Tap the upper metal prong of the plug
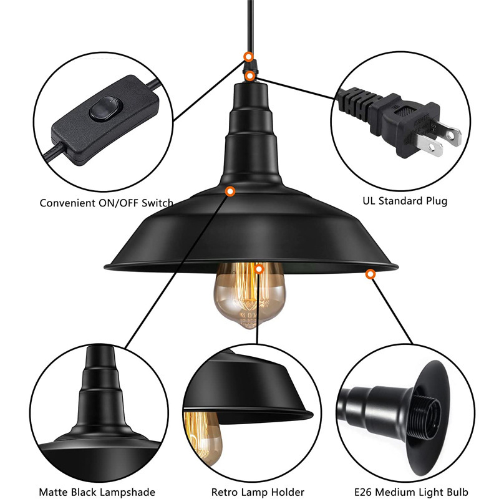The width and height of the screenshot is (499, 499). tap(450, 133)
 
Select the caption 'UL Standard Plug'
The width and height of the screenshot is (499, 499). tap(405, 201)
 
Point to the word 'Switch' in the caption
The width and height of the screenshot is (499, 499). tap(157, 203)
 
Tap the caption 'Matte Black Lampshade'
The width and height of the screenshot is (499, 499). tap(97, 492)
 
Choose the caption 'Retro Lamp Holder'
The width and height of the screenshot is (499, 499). tap(258, 492)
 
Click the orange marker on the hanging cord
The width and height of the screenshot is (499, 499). tap(248, 57)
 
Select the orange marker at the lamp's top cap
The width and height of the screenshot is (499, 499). tap(250, 76)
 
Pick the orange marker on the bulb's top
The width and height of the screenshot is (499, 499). tap(259, 269)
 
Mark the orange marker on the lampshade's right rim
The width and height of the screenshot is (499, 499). tap(370, 274)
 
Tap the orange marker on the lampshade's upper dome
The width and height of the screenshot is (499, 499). tap(230, 191)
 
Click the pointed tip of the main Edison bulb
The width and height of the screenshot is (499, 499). tap(250, 328)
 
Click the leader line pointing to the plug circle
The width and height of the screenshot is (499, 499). tap(295, 88)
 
